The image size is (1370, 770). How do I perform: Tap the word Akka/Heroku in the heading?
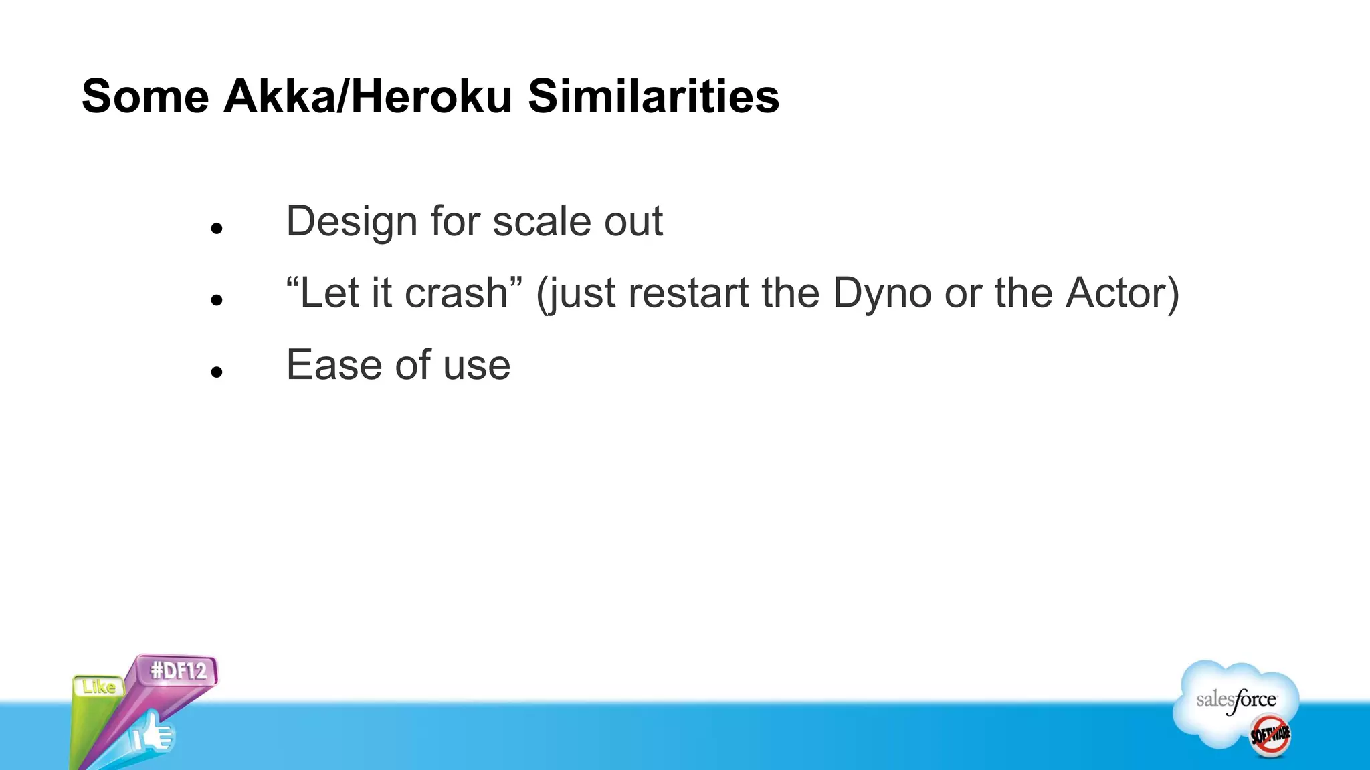tap(367, 96)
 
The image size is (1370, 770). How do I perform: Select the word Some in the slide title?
tap(145, 96)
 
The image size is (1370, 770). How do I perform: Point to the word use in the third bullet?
tap(476, 365)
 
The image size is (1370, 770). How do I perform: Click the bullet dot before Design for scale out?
tap(216, 229)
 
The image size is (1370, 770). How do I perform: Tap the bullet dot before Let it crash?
tap(216, 300)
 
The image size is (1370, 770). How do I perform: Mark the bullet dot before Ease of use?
tap(216, 372)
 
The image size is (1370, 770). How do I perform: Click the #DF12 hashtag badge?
tap(178, 670)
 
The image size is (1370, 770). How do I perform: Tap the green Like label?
tap(99, 686)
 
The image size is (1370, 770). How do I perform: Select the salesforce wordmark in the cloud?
tap(1236, 700)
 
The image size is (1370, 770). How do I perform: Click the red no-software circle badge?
tap(1270, 735)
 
